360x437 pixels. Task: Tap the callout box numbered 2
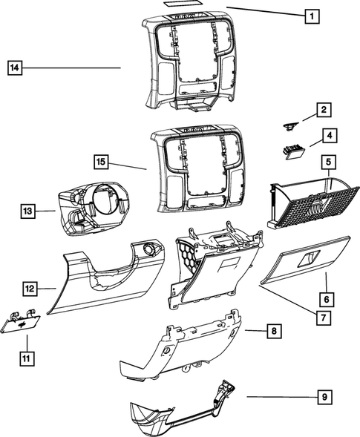click(x=324, y=111)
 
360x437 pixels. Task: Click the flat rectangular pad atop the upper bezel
click(x=183, y=4)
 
